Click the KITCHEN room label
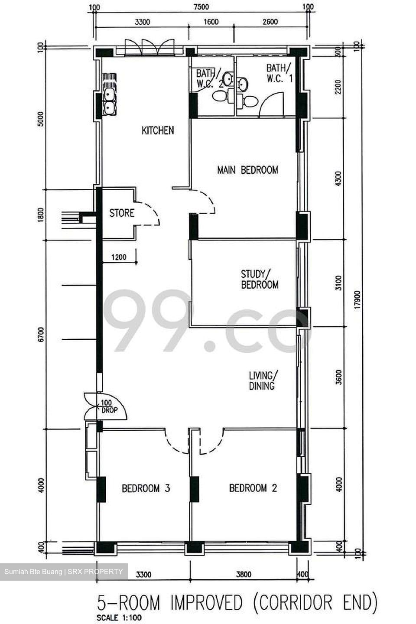pos(158,130)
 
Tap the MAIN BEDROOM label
pos(247,170)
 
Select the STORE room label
pos(122,213)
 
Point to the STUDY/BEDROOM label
pos(260,279)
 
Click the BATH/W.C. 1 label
pos(279,73)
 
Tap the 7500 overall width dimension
pos(201,6)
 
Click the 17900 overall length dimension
pos(357,300)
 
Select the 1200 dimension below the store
pos(119,257)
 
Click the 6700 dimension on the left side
pos(41,335)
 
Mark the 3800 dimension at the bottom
pos(244,575)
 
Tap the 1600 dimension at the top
pos(211,22)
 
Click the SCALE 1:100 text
pos(119,617)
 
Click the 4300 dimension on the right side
pos(338,179)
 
